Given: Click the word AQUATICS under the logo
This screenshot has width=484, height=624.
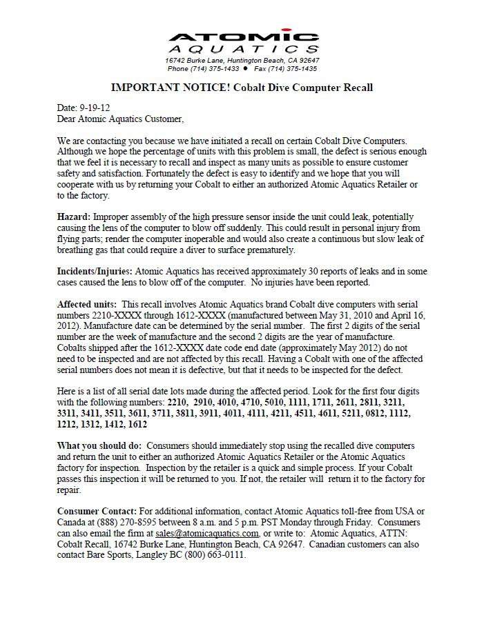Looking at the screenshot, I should coord(243,50).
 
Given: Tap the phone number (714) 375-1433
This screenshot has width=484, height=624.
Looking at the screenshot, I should coord(213,69).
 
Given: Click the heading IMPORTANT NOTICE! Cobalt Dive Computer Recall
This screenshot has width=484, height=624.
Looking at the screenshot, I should coord(242,88).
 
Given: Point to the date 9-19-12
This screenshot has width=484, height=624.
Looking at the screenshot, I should coord(95,108).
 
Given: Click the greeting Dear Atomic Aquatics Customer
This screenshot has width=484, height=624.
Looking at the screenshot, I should coord(121,119).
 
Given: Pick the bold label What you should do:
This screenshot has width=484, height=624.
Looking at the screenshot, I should coord(100,446).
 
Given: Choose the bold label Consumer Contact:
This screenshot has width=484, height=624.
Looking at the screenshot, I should coord(97,511).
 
